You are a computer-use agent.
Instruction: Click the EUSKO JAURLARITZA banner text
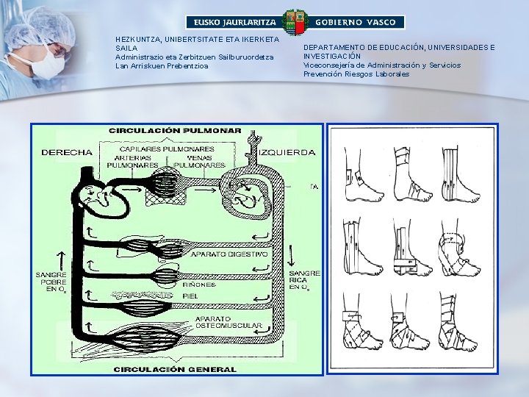(232, 23)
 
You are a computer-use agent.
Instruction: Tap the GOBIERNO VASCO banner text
(359, 23)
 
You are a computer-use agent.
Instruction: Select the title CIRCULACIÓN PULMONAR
(175, 130)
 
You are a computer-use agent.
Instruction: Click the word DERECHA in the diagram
(67, 153)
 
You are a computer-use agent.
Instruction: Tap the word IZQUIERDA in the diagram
(287, 153)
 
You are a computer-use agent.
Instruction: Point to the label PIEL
(201, 296)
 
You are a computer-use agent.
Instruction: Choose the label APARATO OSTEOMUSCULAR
(219, 323)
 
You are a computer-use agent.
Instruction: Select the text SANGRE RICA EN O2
(303, 280)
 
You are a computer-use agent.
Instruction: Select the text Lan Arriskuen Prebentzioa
(162, 66)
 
